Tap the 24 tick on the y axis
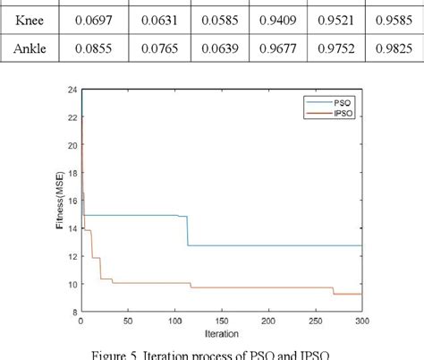(71, 90)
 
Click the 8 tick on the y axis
(72, 311)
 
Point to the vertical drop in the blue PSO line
(187, 230)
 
